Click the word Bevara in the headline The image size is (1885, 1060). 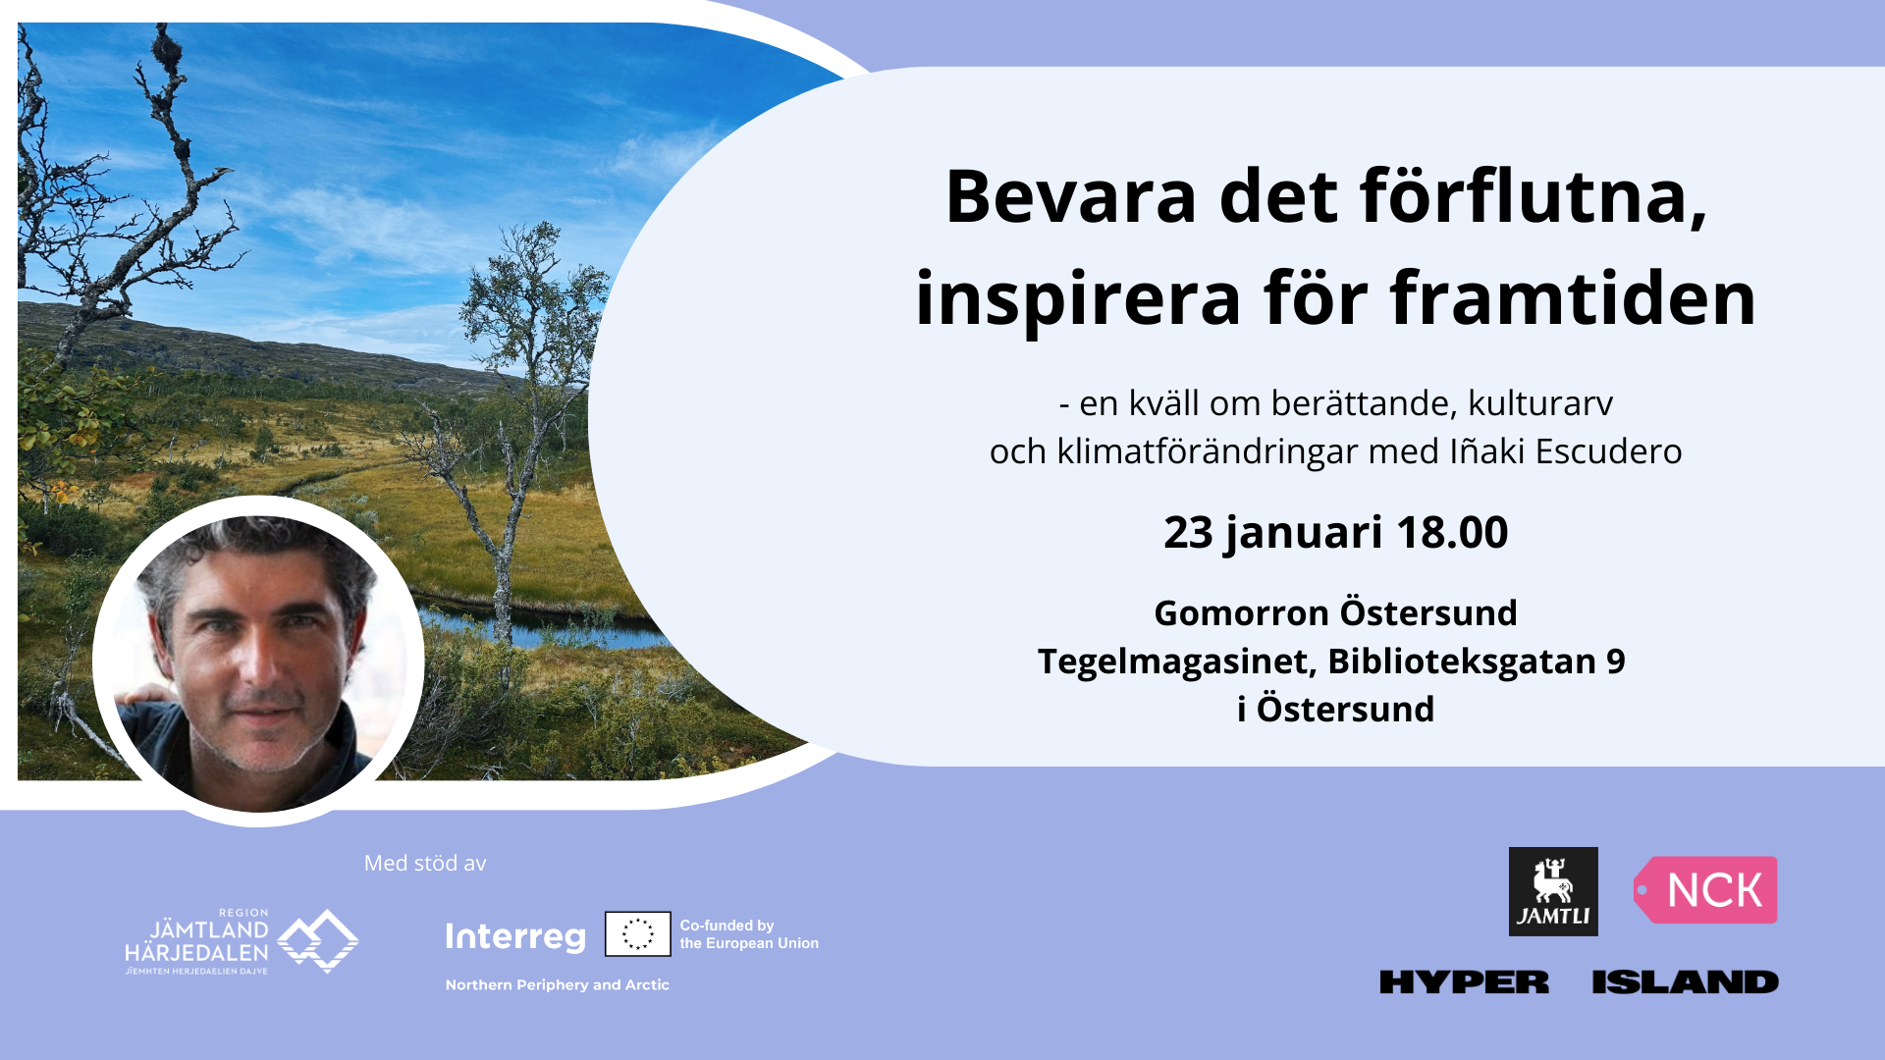tap(1071, 196)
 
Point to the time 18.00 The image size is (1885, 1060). tap(1452, 532)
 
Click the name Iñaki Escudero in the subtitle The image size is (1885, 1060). tap(1566, 450)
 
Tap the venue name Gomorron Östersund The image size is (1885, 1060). tap(1335, 612)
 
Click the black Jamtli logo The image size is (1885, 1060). tap(1553, 891)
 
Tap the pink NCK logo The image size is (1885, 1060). tap(1705, 890)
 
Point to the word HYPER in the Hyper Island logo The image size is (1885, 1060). tap(1464, 981)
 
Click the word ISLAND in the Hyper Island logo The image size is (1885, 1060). tap(1685, 981)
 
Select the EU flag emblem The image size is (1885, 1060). tap(638, 933)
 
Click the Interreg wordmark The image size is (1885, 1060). tap(515, 937)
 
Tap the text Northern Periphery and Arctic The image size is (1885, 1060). tap(558, 984)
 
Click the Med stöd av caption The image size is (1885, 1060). tap(425, 863)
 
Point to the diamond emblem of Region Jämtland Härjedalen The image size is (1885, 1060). tap(318, 941)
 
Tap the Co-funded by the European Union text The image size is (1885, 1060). tap(749, 934)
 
